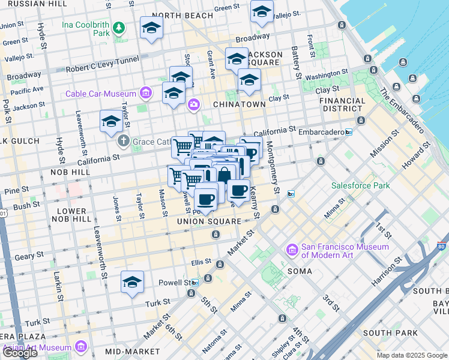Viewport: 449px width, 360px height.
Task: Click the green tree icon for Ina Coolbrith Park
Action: coord(119,28)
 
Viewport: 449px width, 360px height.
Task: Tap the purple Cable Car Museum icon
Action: coord(145,93)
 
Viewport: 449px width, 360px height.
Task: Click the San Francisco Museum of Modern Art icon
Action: coord(293,248)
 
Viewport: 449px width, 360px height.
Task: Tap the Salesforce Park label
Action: coord(360,185)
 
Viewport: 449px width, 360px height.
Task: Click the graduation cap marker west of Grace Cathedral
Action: coord(111,122)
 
